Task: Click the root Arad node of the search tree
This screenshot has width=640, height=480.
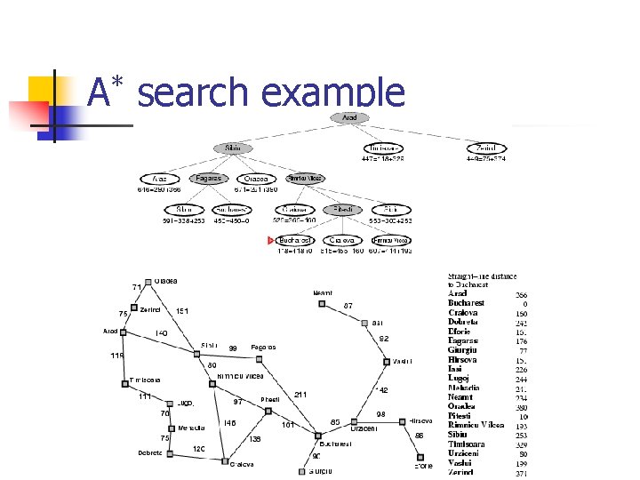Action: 349,117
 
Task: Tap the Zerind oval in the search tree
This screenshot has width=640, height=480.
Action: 485,148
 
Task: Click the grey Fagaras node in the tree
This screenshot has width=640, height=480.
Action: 209,179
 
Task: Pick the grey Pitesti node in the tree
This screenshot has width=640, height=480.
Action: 342,210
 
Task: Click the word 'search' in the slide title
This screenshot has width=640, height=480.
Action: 193,92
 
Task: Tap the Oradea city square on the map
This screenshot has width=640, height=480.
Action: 148,282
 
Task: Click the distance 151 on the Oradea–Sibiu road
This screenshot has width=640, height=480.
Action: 181,311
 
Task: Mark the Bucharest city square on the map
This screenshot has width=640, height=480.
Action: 317,436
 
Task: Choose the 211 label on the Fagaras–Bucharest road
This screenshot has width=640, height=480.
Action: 300,394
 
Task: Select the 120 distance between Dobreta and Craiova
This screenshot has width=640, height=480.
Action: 199,449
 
